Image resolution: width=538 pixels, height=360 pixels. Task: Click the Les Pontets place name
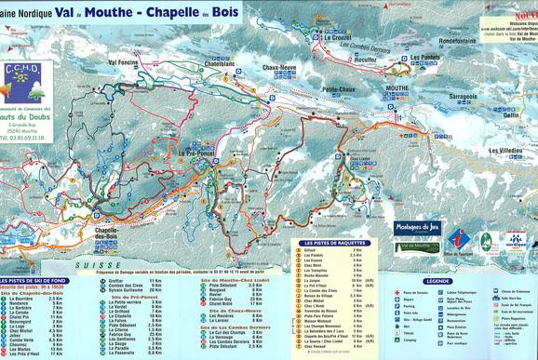click(424, 58)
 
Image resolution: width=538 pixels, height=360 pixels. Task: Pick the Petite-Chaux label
click(342, 90)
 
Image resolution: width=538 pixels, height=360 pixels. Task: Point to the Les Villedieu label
click(504, 150)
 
